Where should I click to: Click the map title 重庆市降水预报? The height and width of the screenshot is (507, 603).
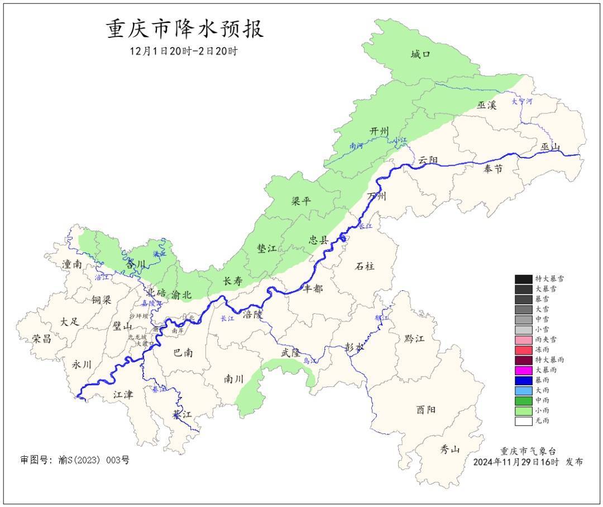(x=185, y=29)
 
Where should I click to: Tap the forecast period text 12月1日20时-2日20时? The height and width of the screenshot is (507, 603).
(x=184, y=51)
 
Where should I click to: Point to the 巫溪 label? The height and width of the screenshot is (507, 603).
(x=486, y=105)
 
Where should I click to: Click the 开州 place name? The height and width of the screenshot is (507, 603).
(x=379, y=131)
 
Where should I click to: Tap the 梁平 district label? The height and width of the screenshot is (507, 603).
(x=301, y=202)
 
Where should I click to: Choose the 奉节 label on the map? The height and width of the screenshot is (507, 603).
(x=493, y=169)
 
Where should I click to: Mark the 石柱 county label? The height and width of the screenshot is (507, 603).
(x=365, y=266)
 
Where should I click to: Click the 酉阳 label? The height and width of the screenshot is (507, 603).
(x=425, y=410)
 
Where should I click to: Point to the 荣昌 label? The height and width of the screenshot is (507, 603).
(x=41, y=339)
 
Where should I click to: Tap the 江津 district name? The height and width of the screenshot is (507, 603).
(x=123, y=395)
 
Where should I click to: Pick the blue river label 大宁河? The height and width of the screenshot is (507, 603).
(x=522, y=102)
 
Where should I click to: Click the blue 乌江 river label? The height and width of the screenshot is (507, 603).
(x=309, y=361)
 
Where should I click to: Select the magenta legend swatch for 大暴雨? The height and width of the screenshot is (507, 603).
(x=523, y=370)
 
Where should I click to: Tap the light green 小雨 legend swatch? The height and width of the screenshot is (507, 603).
(x=523, y=410)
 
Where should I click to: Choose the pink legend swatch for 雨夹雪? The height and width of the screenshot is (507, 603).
(x=523, y=339)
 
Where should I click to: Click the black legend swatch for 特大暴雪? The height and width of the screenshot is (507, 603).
(x=523, y=279)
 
